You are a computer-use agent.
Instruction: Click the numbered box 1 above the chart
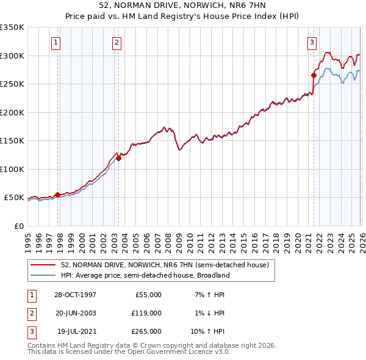[56, 42]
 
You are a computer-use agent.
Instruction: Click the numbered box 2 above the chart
[116, 42]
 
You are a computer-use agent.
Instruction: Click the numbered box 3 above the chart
[312, 42]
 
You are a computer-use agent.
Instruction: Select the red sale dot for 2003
[118, 159]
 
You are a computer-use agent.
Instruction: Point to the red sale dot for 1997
[58, 195]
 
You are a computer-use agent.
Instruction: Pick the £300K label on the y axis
[12, 56]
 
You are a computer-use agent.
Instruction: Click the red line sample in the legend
[44, 265]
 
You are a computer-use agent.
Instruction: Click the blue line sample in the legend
[44, 275]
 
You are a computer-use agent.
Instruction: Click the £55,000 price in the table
[147, 295]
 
